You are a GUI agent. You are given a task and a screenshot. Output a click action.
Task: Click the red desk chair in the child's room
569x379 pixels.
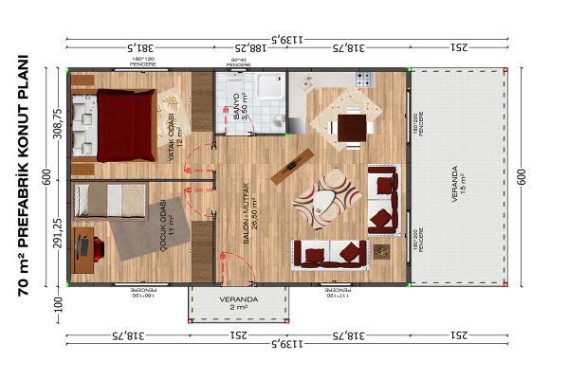pos(83,248)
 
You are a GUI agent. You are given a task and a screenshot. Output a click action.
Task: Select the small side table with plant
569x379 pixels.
pos(380,252)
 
